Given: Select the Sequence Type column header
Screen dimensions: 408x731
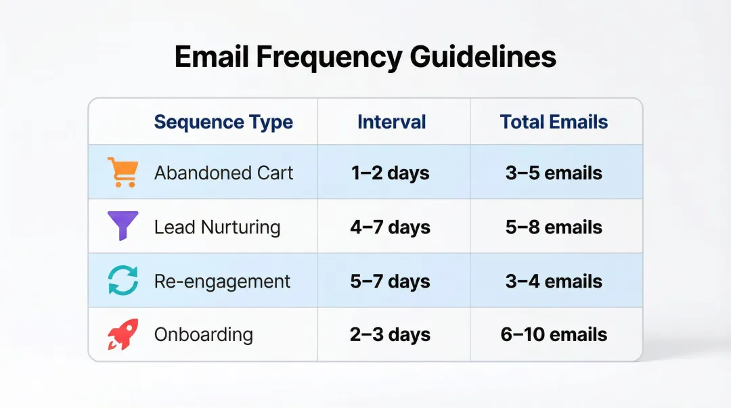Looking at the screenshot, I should [x=223, y=122].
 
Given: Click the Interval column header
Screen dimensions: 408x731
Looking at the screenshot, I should [x=391, y=122].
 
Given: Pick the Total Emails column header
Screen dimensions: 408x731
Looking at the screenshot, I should [x=554, y=122].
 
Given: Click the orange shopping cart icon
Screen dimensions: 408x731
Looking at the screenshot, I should [x=123, y=173].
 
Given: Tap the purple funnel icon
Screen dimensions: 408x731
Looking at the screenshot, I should [x=123, y=226].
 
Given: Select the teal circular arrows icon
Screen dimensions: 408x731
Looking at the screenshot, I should [x=123, y=281].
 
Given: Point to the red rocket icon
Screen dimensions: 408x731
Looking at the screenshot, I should [x=123, y=334].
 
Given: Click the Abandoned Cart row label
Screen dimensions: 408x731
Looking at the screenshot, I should [x=223, y=173].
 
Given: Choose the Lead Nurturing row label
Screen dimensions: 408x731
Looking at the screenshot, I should [x=217, y=227].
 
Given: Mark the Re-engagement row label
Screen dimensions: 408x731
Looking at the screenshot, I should [x=222, y=281].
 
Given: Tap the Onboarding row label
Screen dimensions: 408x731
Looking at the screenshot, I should [x=203, y=334].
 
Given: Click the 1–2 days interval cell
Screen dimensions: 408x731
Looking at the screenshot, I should [x=390, y=173].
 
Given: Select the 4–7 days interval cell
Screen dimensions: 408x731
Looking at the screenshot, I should [x=390, y=227].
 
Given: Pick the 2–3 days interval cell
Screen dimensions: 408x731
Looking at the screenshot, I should [x=390, y=334].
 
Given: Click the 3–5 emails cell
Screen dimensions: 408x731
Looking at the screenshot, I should [x=554, y=173].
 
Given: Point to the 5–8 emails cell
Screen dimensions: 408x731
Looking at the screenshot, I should [x=554, y=227].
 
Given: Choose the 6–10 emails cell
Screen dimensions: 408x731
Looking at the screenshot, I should [x=554, y=334].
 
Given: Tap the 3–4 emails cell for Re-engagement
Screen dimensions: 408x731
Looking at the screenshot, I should [x=554, y=281].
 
